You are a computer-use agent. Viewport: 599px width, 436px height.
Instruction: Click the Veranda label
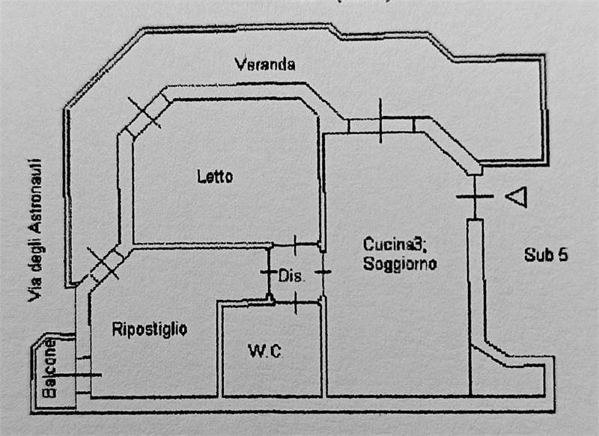tap(264, 64)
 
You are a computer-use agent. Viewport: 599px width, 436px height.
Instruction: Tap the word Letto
tap(215, 177)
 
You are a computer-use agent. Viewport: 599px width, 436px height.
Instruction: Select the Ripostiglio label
tap(149, 328)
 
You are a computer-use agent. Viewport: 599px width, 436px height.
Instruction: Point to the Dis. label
tap(292, 276)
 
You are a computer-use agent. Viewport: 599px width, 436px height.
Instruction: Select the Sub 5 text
tap(545, 254)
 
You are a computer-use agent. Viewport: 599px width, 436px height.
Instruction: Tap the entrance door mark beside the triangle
tap(474, 197)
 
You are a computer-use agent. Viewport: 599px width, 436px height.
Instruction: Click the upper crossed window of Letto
tap(143, 115)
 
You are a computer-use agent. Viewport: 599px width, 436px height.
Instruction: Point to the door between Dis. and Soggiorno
tap(322, 272)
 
